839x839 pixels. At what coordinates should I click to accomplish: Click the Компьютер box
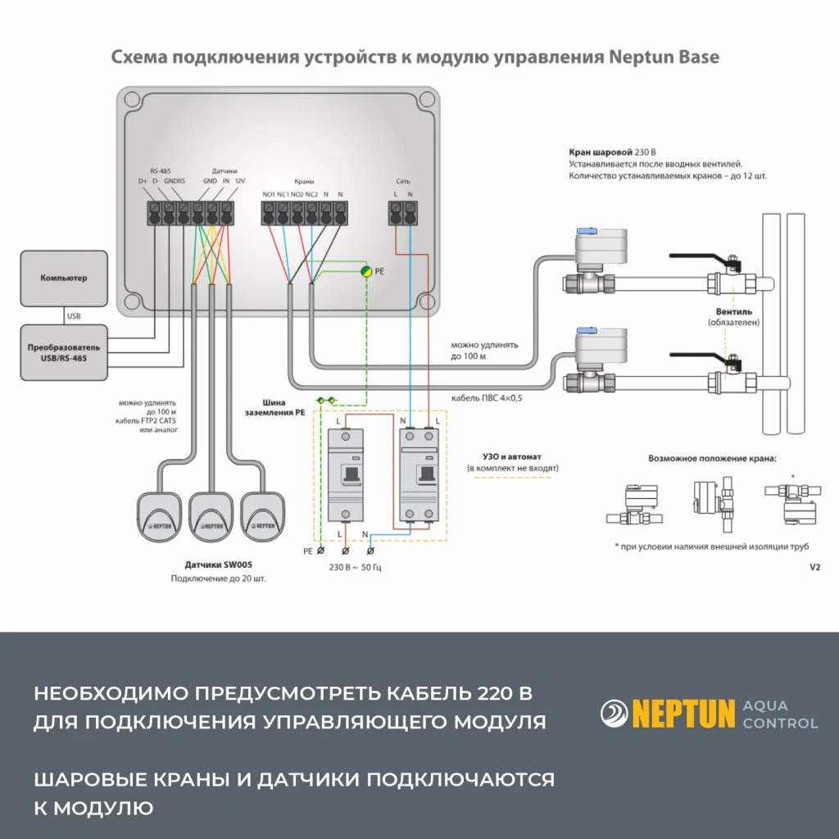click(63, 279)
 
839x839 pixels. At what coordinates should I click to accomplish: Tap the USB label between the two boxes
click(73, 315)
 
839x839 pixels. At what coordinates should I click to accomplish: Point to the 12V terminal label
click(239, 180)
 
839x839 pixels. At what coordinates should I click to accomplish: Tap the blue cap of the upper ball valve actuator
click(587, 232)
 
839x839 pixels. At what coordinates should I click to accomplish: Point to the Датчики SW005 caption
click(218, 565)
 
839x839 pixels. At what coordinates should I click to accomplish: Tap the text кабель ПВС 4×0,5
click(487, 399)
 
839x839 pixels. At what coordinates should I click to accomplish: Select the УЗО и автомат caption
click(512, 456)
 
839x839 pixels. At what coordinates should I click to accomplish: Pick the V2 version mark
click(814, 567)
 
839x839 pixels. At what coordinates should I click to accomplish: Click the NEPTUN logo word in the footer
click(683, 713)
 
